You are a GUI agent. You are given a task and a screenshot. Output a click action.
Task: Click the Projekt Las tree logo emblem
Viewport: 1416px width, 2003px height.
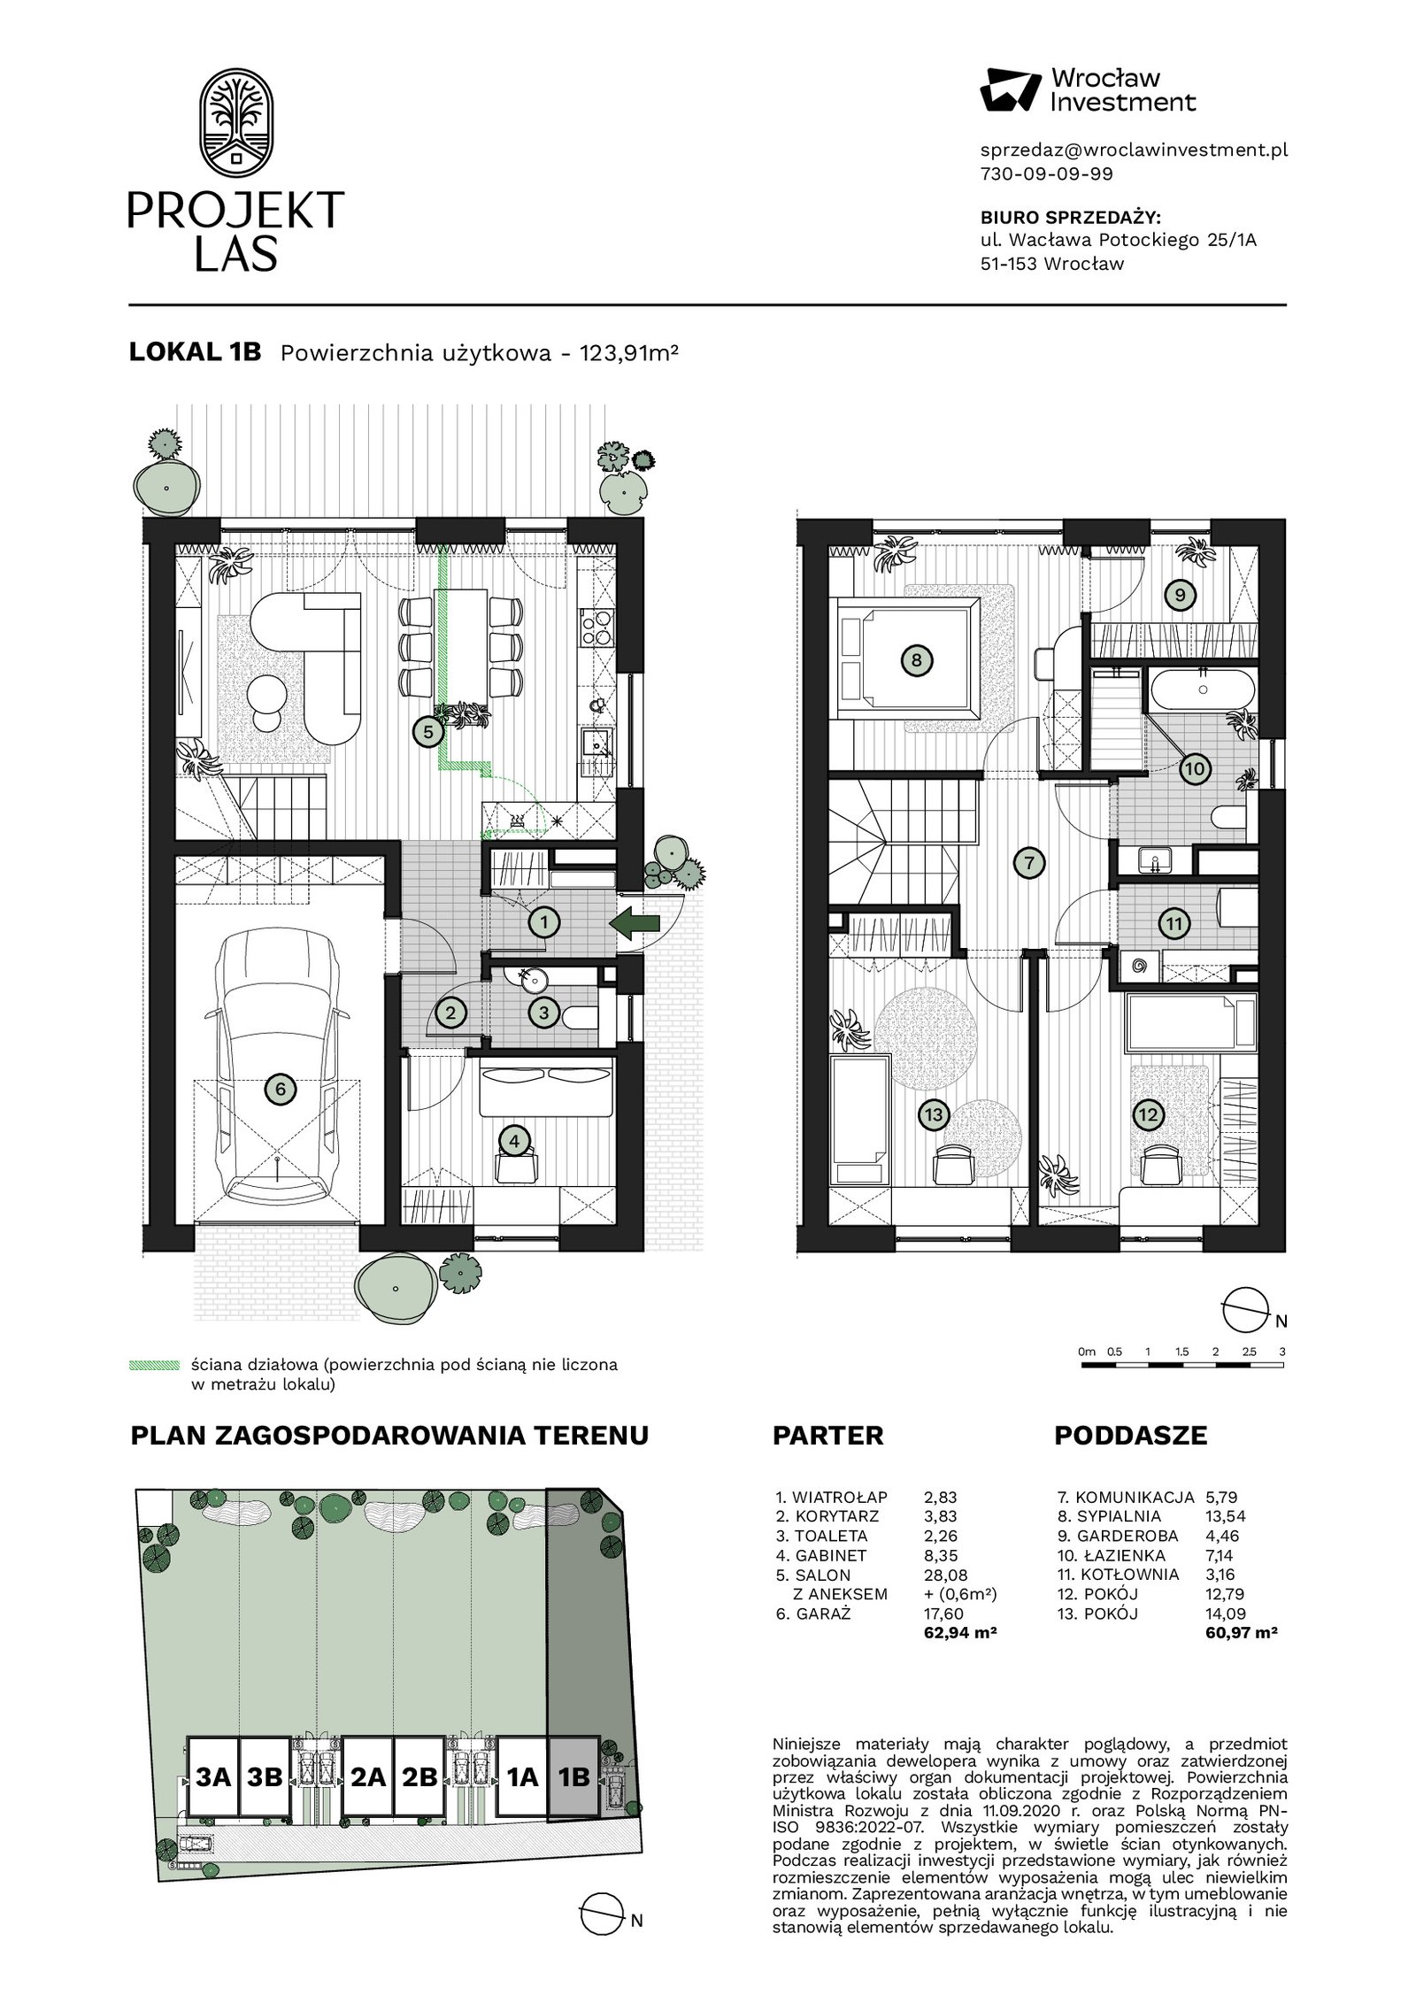click(x=235, y=123)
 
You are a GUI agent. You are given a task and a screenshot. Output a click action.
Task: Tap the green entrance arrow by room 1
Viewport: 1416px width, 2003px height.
click(x=635, y=922)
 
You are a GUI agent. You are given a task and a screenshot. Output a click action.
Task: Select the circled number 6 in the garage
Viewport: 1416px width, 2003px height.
click(x=281, y=1089)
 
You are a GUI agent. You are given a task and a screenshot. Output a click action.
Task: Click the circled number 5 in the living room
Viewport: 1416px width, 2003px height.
click(x=428, y=732)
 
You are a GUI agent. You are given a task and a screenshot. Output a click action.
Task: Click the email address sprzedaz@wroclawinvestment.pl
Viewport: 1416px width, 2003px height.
click(x=1134, y=150)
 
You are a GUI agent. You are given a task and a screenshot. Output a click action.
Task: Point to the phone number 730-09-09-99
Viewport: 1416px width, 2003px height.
click(x=1047, y=174)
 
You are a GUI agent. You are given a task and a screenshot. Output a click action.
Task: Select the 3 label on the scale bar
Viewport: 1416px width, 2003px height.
click(x=1282, y=1352)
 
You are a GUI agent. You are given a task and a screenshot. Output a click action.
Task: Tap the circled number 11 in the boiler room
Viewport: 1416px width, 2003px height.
click(x=1174, y=924)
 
